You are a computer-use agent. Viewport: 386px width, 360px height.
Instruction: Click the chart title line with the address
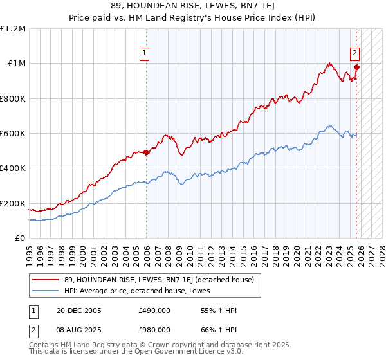pyautogui.click(x=192, y=6)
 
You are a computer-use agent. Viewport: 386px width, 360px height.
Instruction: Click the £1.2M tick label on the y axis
pyautogui.click(x=13, y=29)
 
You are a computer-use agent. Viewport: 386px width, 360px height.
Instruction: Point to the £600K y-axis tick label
pyautogui.click(x=13, y=134)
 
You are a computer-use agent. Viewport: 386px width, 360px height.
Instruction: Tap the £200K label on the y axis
pyautogui.click(x=13, y=204)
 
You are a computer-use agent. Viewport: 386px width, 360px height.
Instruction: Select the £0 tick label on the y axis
pyautogui.click(x=20, y=239)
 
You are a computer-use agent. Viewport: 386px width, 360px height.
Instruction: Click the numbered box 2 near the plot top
pyautogui.click(x=354, y=53)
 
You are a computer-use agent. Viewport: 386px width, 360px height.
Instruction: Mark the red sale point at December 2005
pyautogui.click(x=146, y=152)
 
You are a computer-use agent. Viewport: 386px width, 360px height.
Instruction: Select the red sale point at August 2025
pyautogui.click(x=357, y=66)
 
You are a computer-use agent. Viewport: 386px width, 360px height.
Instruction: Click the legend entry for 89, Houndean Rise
pyautogui.click(x=158, y=280)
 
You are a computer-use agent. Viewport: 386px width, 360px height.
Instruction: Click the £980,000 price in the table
pyautogui.click(x=154, y=329)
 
